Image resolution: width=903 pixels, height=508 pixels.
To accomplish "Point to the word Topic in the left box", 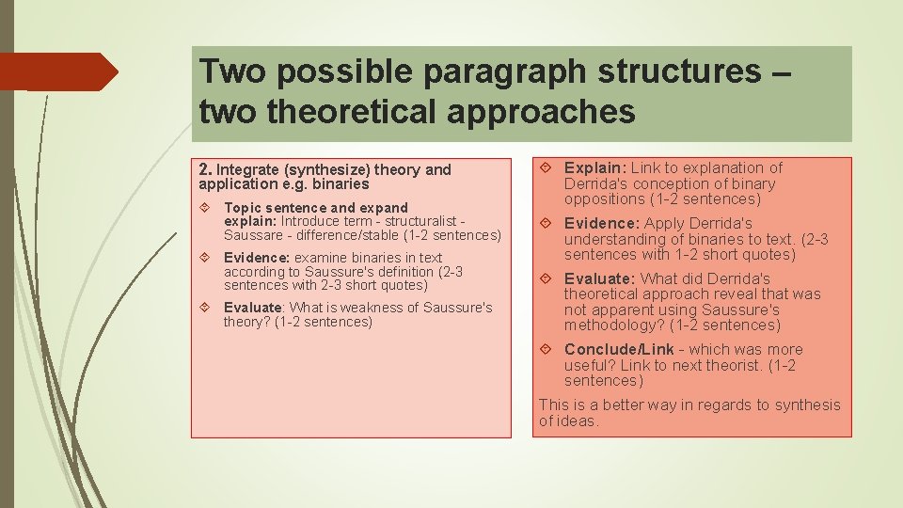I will (242, 207).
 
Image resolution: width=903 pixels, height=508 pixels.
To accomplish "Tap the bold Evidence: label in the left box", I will (257, 258).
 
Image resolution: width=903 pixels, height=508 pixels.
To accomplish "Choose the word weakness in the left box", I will (381, 308).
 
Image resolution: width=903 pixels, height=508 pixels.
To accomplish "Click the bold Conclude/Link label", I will (619, 350).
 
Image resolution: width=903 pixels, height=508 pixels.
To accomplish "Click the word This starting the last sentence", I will (554, 405).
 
